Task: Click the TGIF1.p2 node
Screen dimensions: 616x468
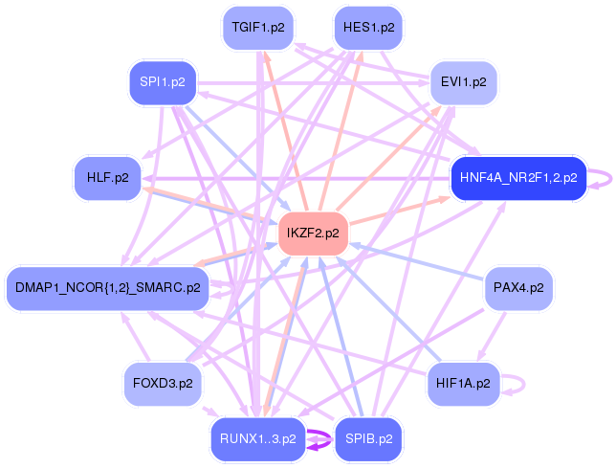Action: pos(258,28)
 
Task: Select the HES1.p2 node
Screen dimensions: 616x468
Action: pos(368,28)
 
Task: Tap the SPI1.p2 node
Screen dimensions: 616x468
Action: pos(163,82)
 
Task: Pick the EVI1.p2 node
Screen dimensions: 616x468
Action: pos(464,82)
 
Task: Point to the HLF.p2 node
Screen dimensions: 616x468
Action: pos(108,178)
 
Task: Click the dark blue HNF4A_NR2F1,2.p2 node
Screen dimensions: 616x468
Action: pos(518,178)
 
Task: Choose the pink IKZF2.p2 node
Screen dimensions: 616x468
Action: pos(313,234)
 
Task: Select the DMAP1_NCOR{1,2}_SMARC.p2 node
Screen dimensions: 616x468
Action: pos(108,288)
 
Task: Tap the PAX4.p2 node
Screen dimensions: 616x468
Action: pos(518,288)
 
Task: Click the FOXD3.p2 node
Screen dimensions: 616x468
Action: pos(163,384)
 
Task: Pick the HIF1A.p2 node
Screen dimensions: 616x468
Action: pos(464,384)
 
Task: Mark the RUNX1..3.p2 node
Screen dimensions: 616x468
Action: pos(258,439)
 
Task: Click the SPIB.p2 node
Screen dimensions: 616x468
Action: pos(368,439)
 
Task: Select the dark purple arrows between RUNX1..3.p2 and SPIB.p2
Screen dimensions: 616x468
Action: pos(319,439)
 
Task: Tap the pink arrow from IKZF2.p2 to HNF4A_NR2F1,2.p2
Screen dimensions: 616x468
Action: pos(399,211)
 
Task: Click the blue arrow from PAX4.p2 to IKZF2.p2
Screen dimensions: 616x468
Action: pos(416,262)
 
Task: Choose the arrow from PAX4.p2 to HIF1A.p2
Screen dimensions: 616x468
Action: pos(491,336)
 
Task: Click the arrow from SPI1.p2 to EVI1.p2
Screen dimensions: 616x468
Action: pos(313,83)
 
